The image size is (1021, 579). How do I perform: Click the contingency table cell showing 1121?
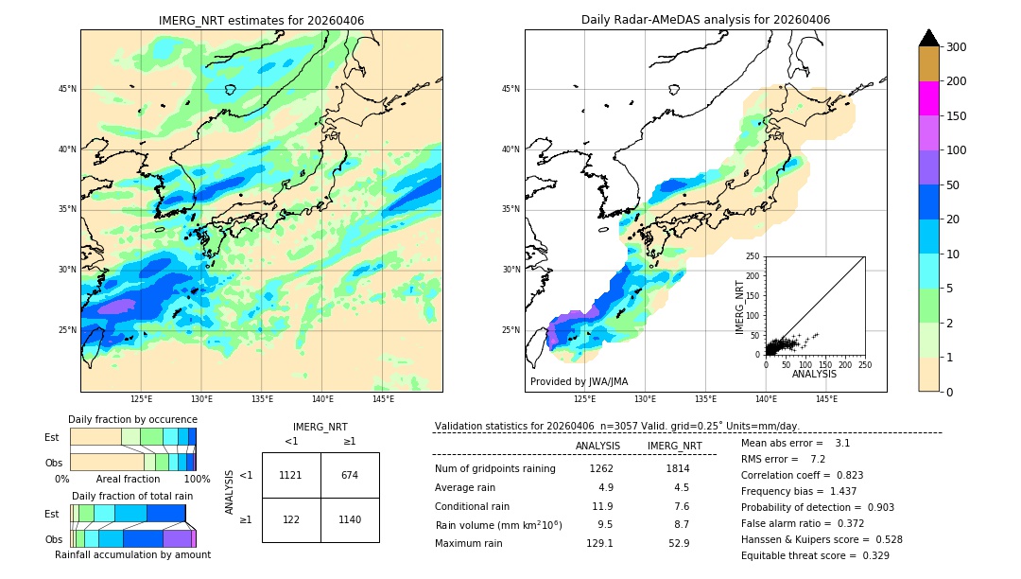click(290, 475)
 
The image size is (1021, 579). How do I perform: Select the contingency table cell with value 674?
click(350, 475)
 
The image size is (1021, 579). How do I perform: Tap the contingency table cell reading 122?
click(290, 519)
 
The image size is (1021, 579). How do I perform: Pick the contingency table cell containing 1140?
click(350, 519)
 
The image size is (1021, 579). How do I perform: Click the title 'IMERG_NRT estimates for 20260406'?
click(261, 21)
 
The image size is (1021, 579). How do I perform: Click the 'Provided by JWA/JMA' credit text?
click(579, 381)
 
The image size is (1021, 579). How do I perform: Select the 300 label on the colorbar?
click(957, 47)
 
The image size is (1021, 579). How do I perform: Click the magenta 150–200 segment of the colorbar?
click(928, 98)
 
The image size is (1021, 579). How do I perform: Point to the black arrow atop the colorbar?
click(928, 38)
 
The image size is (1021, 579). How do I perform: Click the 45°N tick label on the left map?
click(67, 89)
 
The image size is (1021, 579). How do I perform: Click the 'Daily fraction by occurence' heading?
click(132, 419)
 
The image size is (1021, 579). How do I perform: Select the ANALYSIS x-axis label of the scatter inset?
click(814, 374)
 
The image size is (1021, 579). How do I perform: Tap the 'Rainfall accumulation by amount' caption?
click(132, 554)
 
